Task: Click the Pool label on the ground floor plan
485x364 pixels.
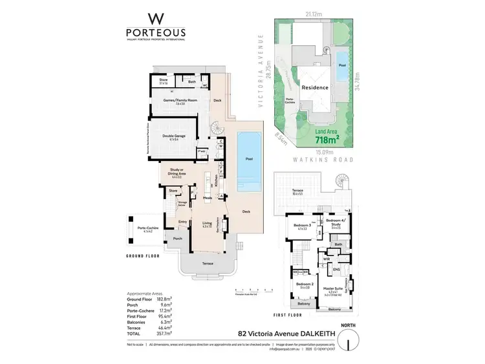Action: click(249, 158)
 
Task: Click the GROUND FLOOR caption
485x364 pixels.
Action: click(144, 257)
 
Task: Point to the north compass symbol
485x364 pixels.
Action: click(348, 339)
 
